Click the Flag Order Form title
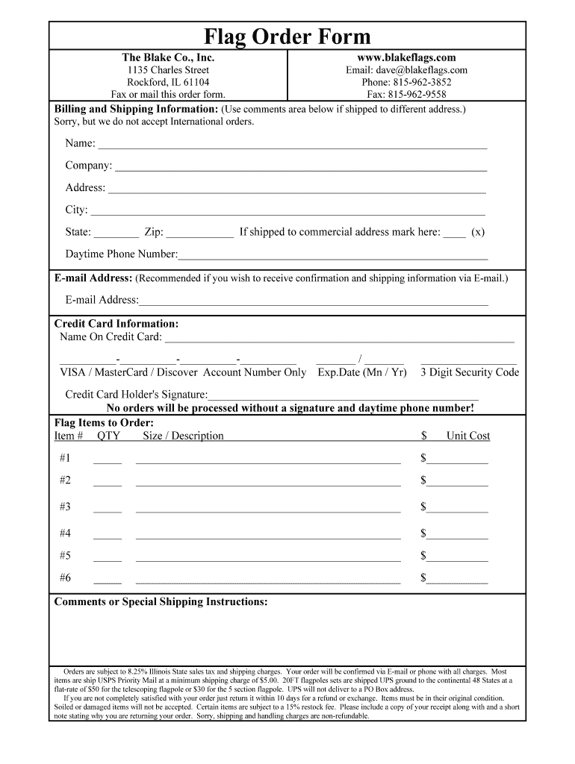pos(287,37)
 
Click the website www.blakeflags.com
pos(407,57)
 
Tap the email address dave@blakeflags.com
pos(406,70)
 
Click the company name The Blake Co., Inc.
pos(168,57)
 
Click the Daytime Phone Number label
pos(121,254)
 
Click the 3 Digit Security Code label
pos(470,372)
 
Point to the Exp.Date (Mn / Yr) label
pos(362,372)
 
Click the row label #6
pos(65,578)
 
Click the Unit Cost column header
pos(467,436)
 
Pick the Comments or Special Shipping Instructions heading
pos(161,602)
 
